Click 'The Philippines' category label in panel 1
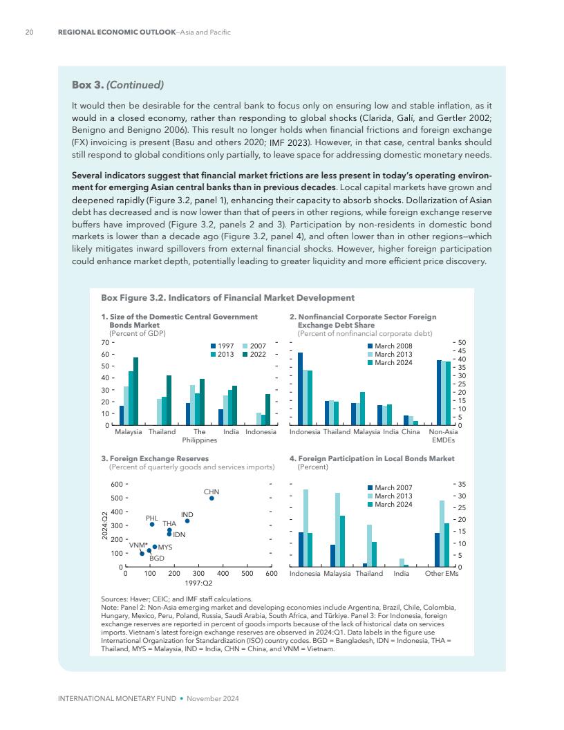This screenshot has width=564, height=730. coord(200,436)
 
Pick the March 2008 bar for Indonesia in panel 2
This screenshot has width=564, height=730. coord(300,389)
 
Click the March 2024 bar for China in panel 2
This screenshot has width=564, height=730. coord(415,422)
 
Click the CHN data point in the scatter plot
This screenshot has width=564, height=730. coord(212,498)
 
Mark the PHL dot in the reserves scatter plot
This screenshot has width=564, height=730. coord(152,524)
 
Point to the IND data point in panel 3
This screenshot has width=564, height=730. coord(187,521)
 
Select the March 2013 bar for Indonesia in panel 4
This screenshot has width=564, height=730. coord(305,528)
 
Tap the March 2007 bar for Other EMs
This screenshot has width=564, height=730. coord(438,550)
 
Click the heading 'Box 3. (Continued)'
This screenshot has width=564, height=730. coord(117,86)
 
